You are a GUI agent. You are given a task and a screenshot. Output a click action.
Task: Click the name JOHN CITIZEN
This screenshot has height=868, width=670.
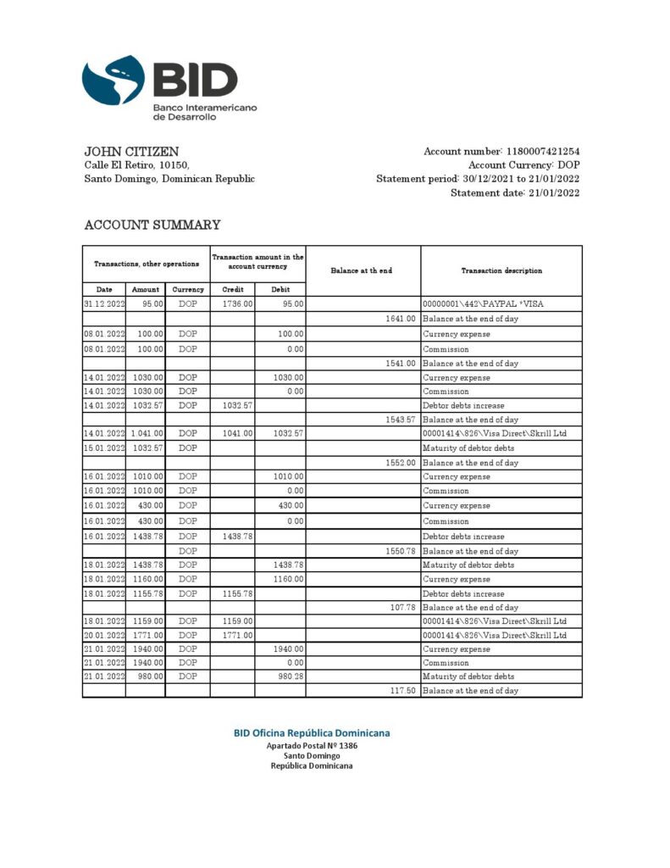131,151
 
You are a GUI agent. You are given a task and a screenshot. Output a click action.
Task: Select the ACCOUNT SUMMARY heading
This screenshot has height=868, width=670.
152,225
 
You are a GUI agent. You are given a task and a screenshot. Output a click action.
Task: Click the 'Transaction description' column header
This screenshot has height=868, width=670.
501,270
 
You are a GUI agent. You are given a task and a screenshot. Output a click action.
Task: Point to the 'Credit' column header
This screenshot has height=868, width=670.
232,289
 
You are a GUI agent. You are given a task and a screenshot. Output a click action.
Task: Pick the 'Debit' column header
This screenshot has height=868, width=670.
280,289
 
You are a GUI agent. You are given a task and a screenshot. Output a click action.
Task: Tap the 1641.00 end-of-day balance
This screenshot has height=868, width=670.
401,319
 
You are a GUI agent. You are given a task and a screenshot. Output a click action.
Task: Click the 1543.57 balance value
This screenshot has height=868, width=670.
401,420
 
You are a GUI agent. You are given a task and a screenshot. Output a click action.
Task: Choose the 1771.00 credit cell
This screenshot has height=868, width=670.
237,635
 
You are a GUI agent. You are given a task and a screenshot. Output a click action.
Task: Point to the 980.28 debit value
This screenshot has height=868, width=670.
289,676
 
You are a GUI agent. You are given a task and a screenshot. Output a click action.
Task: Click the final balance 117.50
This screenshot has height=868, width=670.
402,691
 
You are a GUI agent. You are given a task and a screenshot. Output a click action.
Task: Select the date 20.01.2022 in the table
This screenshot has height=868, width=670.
104,635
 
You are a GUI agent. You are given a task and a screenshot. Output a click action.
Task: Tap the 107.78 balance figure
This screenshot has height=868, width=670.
402,607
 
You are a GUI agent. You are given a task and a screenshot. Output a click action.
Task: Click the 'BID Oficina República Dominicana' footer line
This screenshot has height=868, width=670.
312,732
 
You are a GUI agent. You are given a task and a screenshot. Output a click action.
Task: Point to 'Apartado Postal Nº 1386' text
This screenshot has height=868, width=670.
312,745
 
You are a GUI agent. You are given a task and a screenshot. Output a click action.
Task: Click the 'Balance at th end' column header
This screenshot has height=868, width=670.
362,270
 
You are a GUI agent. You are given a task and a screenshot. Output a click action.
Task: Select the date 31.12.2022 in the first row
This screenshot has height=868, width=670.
104,303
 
